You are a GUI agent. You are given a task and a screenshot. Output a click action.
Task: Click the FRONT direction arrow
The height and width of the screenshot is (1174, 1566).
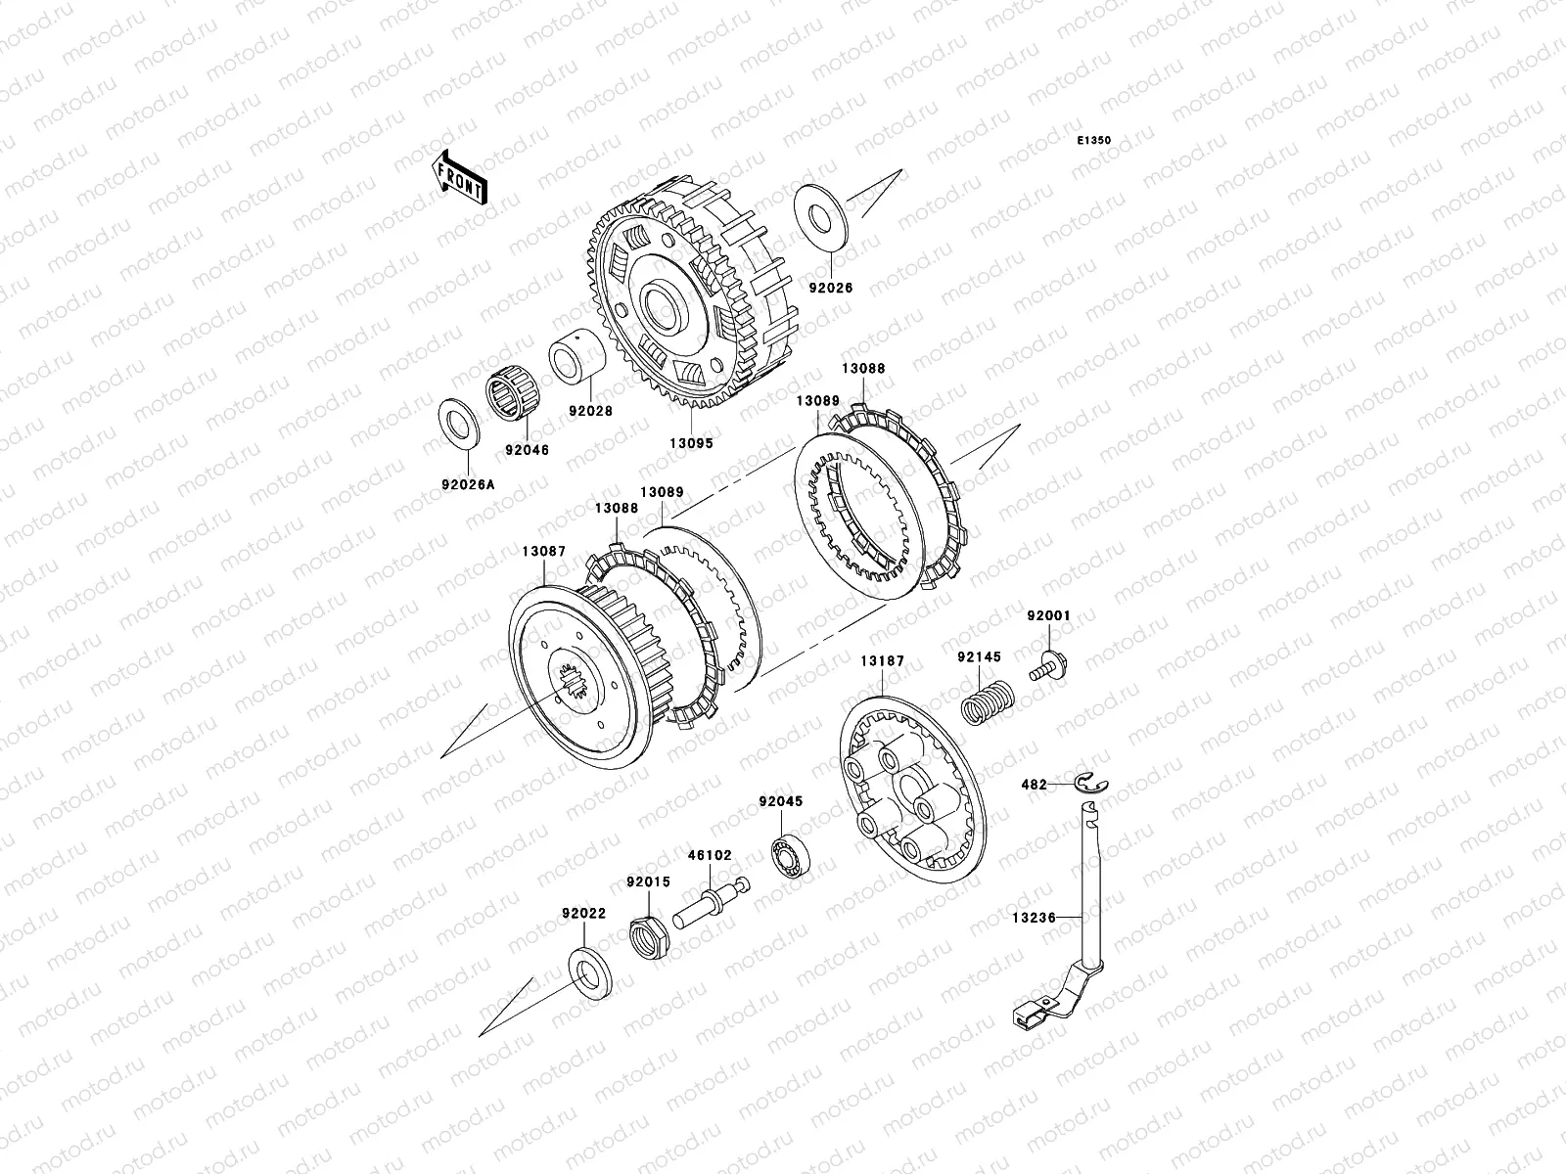coord(460,177)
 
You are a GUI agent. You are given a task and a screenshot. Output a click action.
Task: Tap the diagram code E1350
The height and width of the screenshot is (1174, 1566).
coord(1093,141)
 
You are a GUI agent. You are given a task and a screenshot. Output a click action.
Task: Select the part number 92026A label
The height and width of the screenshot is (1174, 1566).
coord(468,484)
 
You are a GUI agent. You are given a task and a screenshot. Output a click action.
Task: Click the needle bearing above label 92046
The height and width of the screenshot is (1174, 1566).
coord(513,396)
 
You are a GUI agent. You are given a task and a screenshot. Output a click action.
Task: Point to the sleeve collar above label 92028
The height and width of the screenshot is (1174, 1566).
coord(576,356)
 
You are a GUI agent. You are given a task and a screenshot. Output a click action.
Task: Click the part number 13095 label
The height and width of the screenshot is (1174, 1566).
coord(691,442)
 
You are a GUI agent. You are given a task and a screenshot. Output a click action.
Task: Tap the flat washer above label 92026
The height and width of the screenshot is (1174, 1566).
coord(821,217)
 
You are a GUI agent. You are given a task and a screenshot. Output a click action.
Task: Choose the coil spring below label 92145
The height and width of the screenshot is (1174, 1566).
coord(987,702)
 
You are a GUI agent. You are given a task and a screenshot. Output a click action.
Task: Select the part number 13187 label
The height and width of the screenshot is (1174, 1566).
coord(883,660)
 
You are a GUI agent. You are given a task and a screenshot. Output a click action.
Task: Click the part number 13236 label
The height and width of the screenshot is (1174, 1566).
coord(1034,918)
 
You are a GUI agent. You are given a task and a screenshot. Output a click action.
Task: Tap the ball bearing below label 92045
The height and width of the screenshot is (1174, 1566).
coord(791,855)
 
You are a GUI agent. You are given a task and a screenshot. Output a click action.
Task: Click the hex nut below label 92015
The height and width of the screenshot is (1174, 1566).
coord(650,937)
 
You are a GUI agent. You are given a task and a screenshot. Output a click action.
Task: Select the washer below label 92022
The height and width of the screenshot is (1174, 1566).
coord(590,973)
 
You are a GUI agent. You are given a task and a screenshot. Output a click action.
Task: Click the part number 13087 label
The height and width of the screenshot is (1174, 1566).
coord(543,551)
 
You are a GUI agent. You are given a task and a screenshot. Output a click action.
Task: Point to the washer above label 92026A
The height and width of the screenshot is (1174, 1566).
coord(459,425)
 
